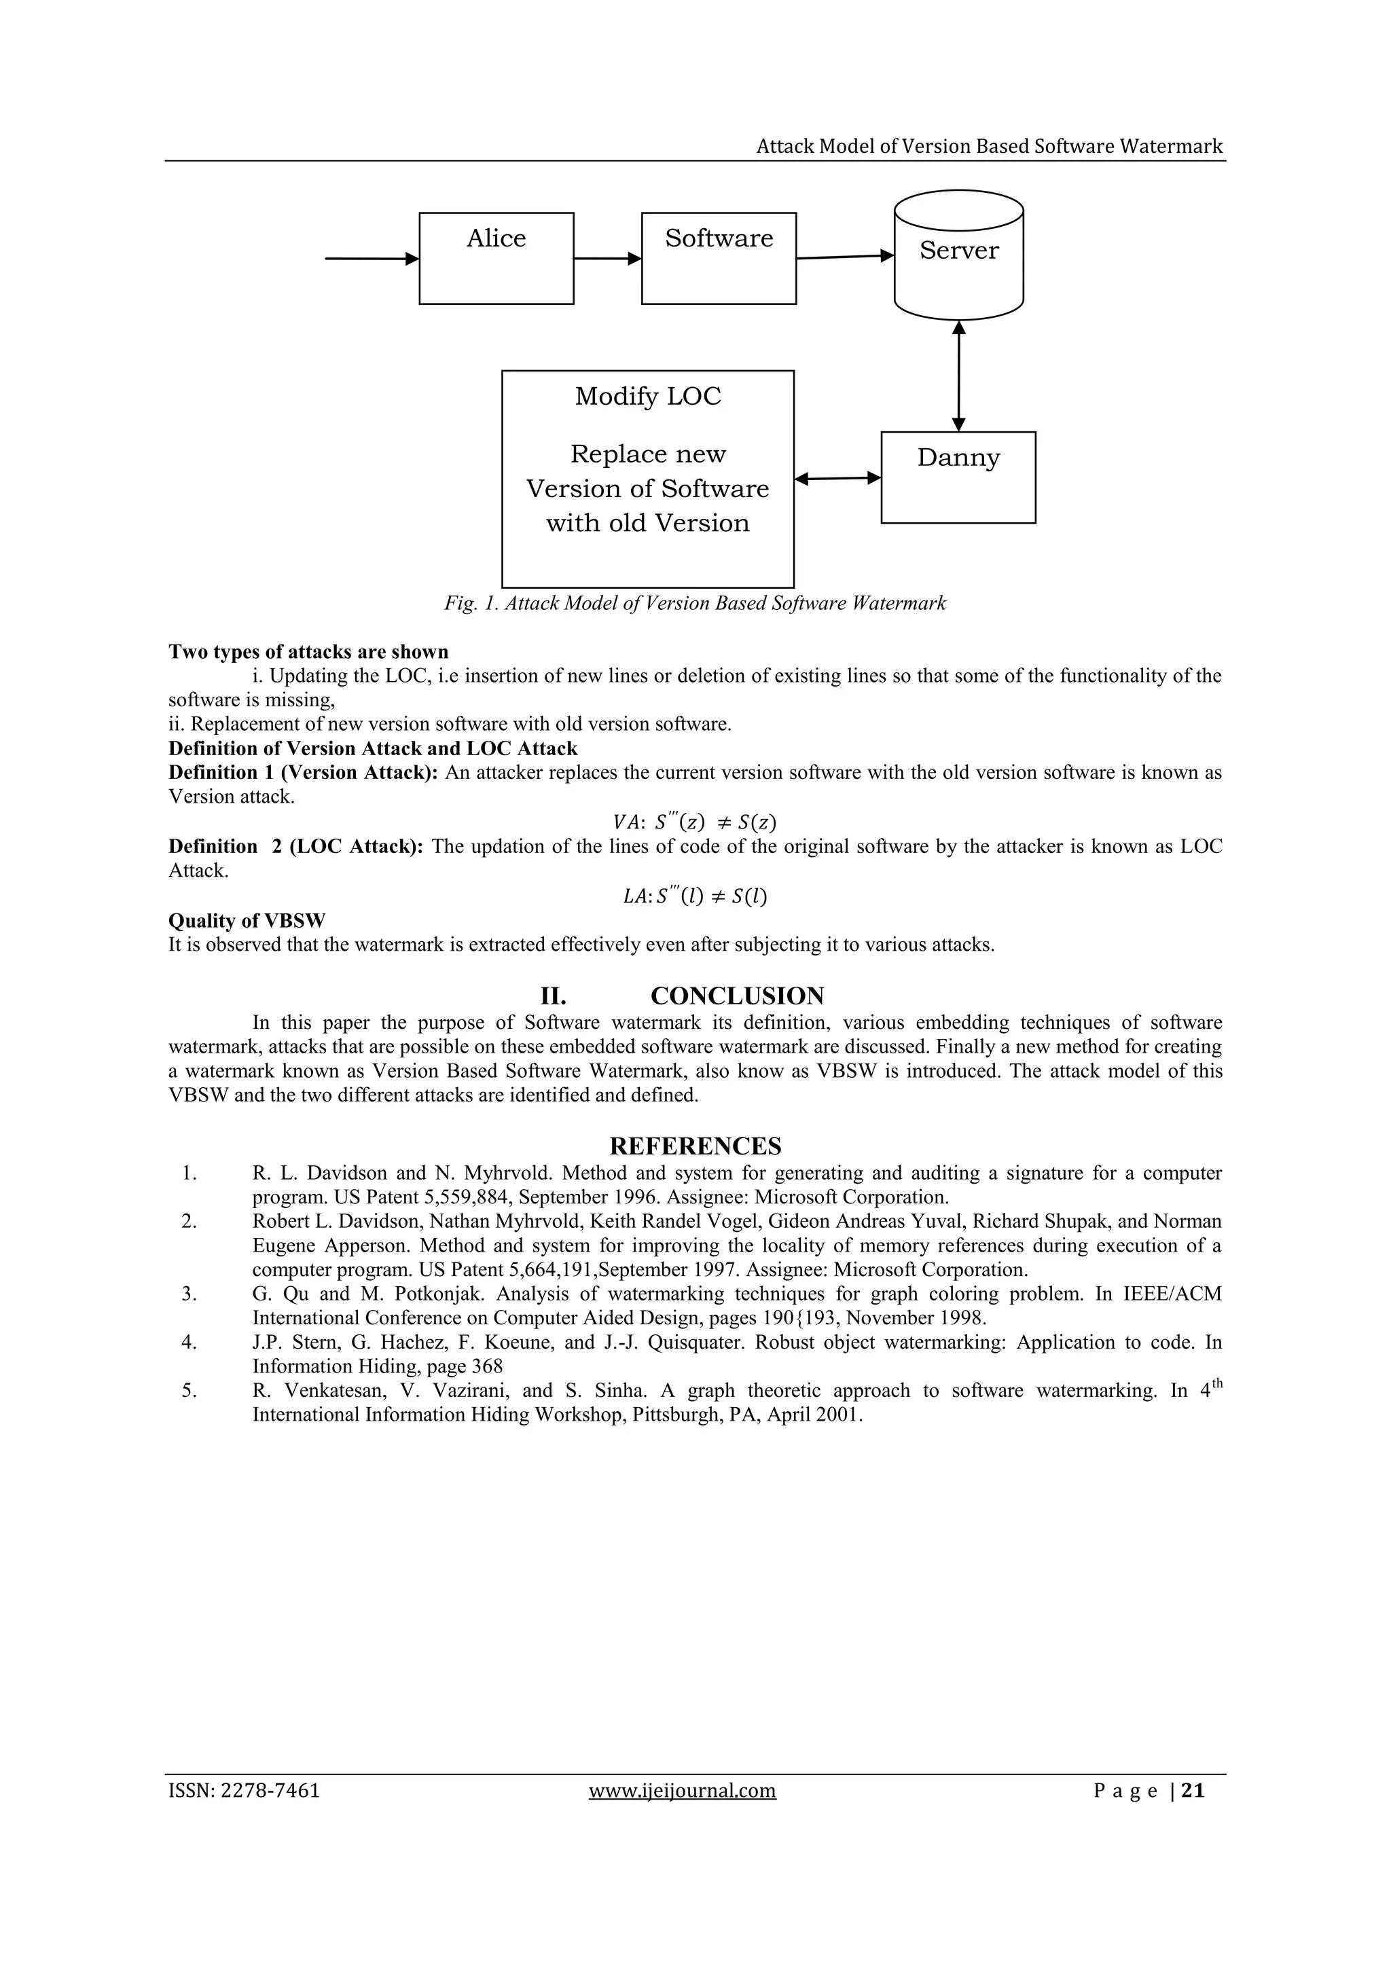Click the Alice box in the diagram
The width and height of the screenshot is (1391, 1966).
tap(496, 258)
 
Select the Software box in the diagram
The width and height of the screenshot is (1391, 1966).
tap(719, 258)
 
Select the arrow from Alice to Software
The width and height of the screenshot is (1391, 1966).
tap(607, 258)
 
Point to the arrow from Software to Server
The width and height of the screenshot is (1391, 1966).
tap(844, 256)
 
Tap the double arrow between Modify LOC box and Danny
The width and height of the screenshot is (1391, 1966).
tap(837, 479)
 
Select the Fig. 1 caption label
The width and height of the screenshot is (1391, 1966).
tap(695, 603)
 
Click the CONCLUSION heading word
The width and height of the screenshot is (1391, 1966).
tap(737, 996)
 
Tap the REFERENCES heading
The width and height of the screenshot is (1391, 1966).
tap(695, 1146)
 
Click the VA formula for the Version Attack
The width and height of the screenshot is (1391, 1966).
tap(695, 822)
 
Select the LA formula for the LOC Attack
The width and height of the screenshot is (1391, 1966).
tap(695, 896)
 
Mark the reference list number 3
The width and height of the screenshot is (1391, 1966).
tap(189, 1294)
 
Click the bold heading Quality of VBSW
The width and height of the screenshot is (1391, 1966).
tap(247, 920)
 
